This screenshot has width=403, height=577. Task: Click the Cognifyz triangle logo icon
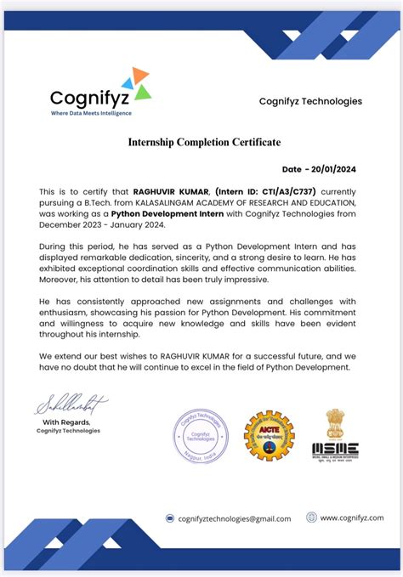tap(136, 82)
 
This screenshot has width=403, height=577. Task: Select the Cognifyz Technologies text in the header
tap(310, 101)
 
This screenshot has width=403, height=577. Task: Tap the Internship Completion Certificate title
tap(204, 142)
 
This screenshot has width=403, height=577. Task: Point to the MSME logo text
tap(335, 448)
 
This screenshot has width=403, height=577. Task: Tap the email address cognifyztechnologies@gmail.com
tap(234, 518)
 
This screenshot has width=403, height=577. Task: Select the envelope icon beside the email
tap(170, 518)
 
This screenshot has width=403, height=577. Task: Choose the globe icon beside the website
tap(312, 518)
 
